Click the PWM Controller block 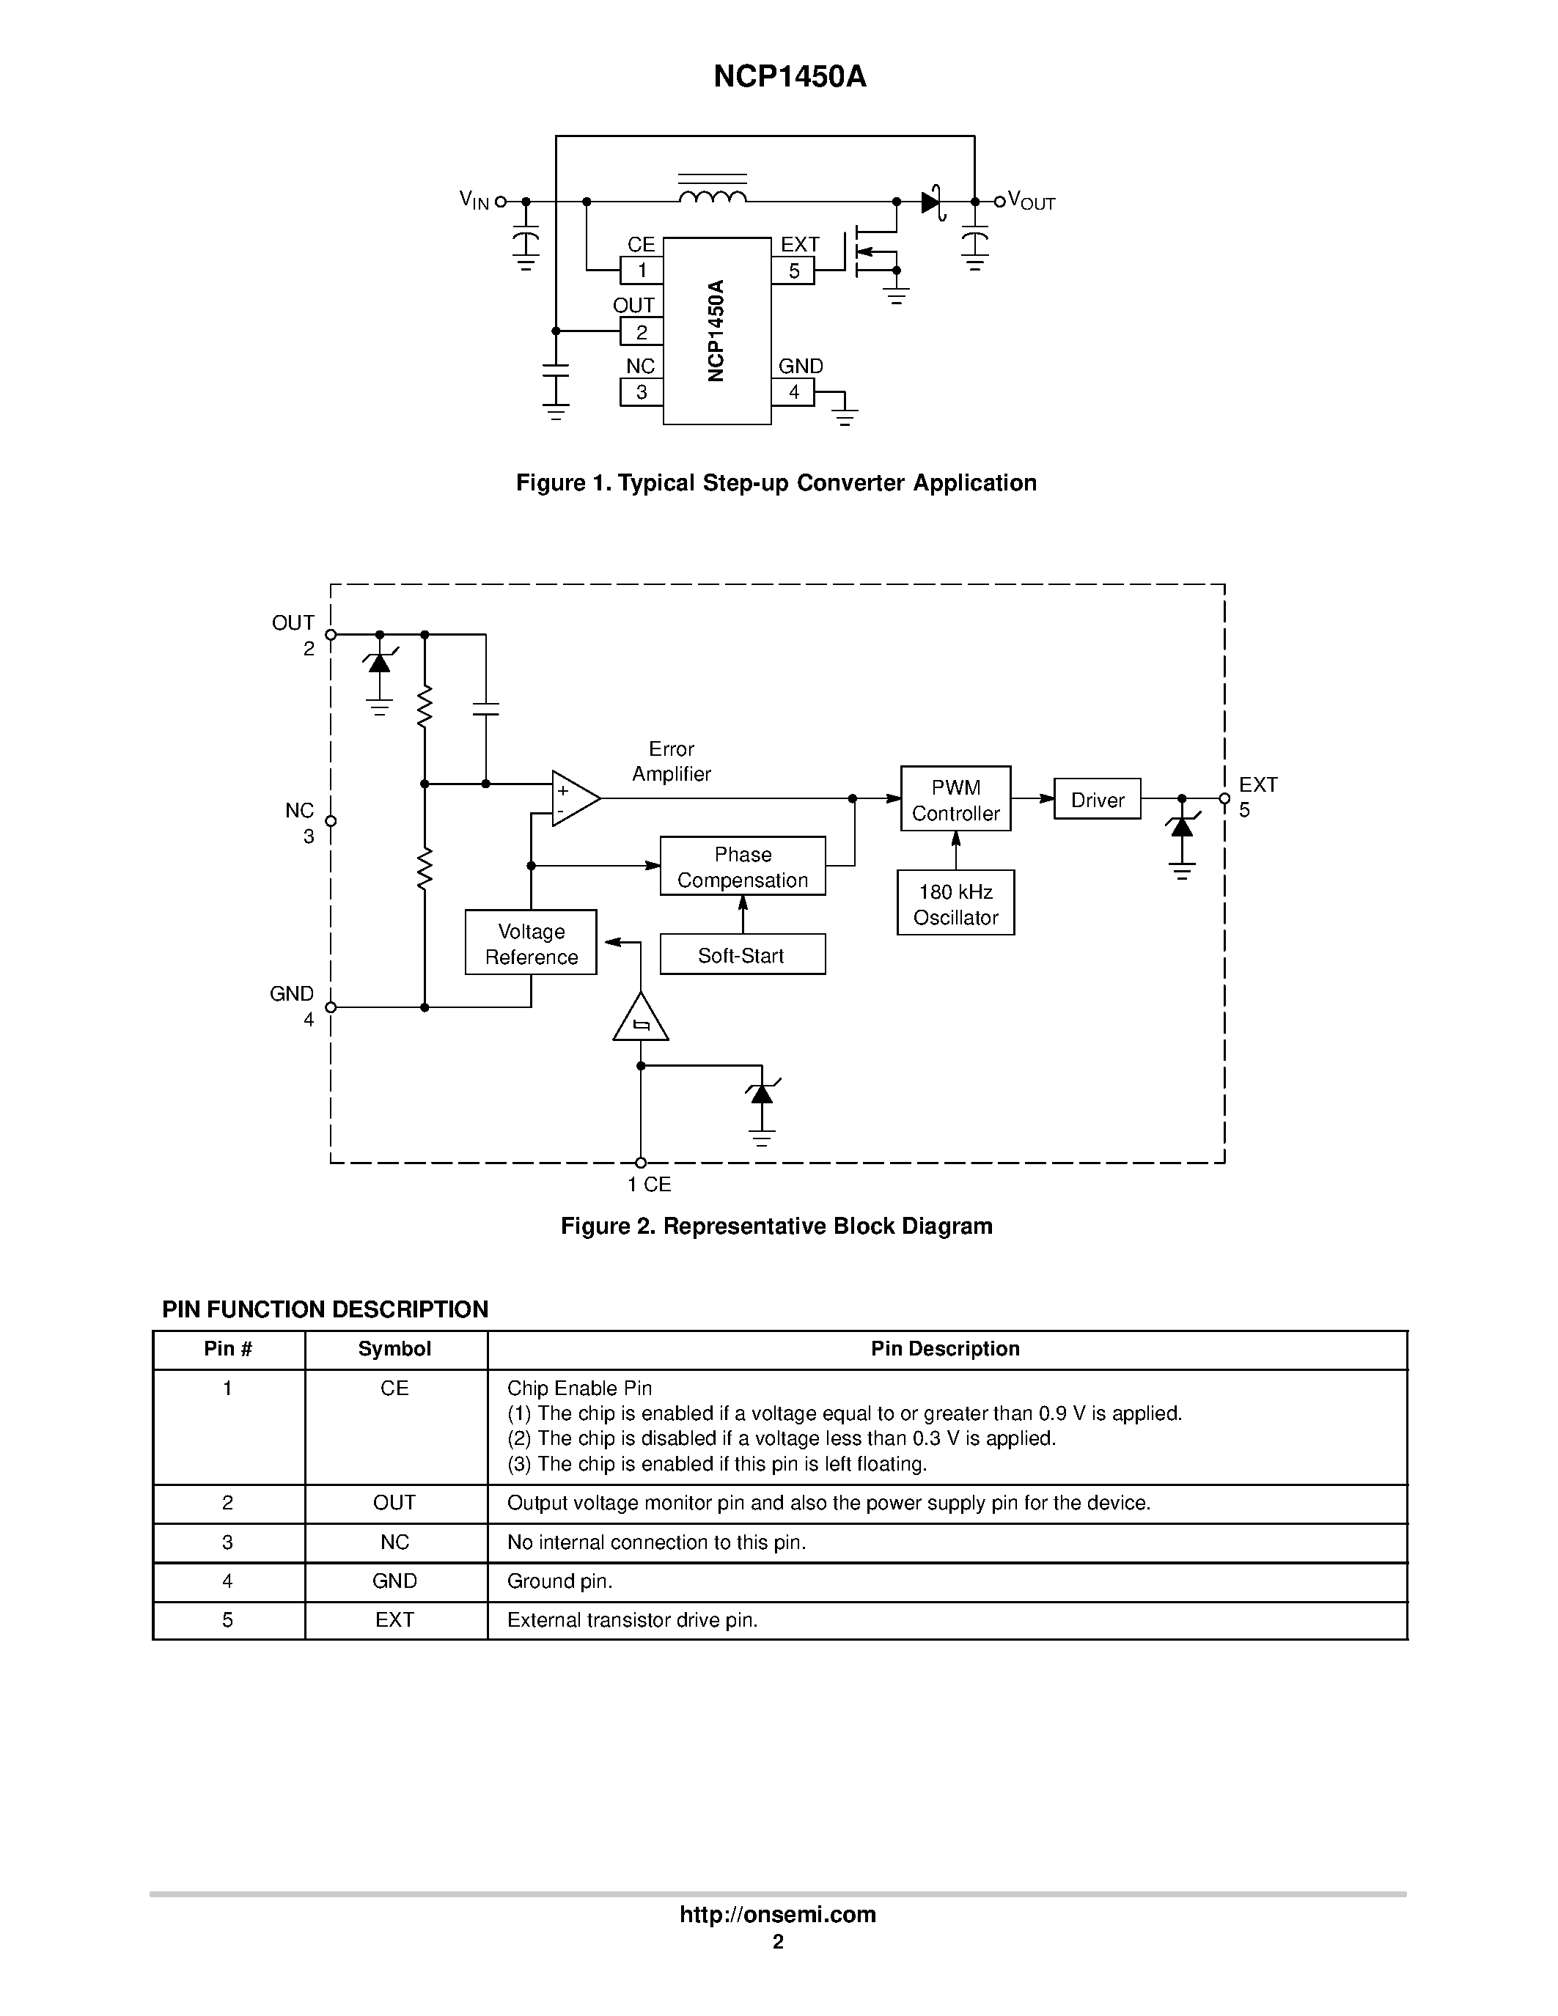click(x=955, y=799)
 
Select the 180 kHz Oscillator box click(x=955, y=904)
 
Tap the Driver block click(x=1097, y=799)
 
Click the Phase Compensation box click(x=742, y=867)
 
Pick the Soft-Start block click(x=742, y=955)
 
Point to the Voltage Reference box click(x=531, y=943)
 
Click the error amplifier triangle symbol click(x=573, y=798)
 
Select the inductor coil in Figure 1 click(x=712, y=196)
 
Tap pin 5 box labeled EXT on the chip click(x=793, y=271)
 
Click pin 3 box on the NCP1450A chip click(x=642, y=392)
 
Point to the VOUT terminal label click(x=1031, y=200)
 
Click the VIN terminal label click(x=474, y=200)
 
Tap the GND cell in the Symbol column click(x=395, y=1581)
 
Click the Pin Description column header click(x=945, y=1349)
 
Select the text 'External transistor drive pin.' click(x=632, y=1620)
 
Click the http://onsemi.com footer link click(x=777, y=1914)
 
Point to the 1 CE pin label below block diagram click(x=650, y=1184)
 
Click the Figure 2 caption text click(x=776, y=1226)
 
